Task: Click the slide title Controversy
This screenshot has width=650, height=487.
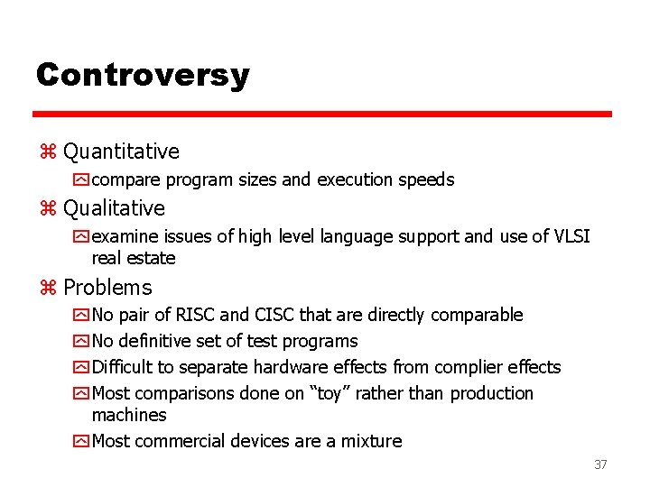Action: click(142, 74)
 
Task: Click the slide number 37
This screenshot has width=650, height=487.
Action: click(600, 464)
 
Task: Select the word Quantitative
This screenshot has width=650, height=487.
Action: click(121, 152)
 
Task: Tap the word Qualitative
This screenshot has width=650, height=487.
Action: click(114, 208)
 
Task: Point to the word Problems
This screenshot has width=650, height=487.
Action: click(107, 288)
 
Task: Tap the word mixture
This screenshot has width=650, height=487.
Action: click(371, 441)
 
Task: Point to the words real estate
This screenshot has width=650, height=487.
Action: click(134, 258)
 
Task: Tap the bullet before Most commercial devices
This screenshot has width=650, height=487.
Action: click(82, 442)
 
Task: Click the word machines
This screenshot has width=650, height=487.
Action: click(129, 415)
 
